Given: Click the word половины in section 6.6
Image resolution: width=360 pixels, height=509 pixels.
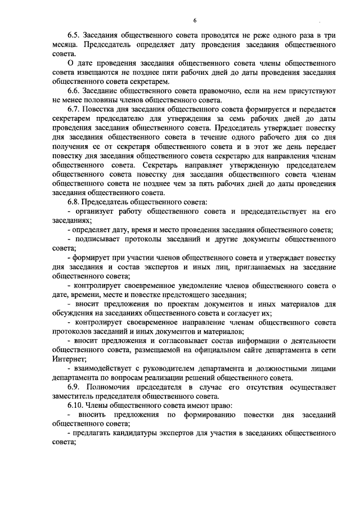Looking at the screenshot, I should pyautogui.click(x=101, y=100).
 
